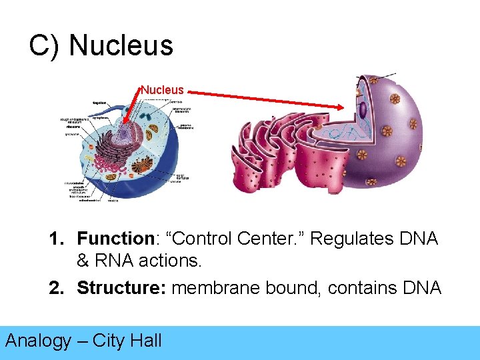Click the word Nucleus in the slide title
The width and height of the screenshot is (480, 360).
click(121, 45)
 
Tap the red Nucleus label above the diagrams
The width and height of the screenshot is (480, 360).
click(162, 89)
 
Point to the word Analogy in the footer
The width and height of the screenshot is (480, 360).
click(38, 341)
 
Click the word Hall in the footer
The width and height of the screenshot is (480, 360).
click(146, 341)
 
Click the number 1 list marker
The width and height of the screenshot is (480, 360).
click(55, 239)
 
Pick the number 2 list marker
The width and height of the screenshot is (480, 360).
click(55, 288)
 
